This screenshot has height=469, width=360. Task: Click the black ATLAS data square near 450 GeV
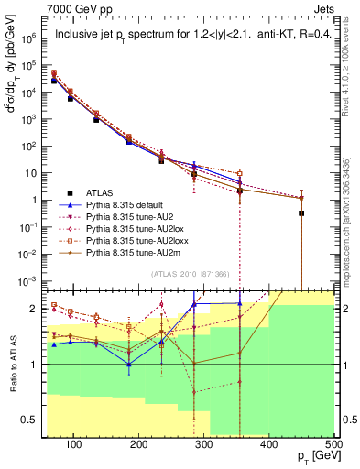click(301, 213)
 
